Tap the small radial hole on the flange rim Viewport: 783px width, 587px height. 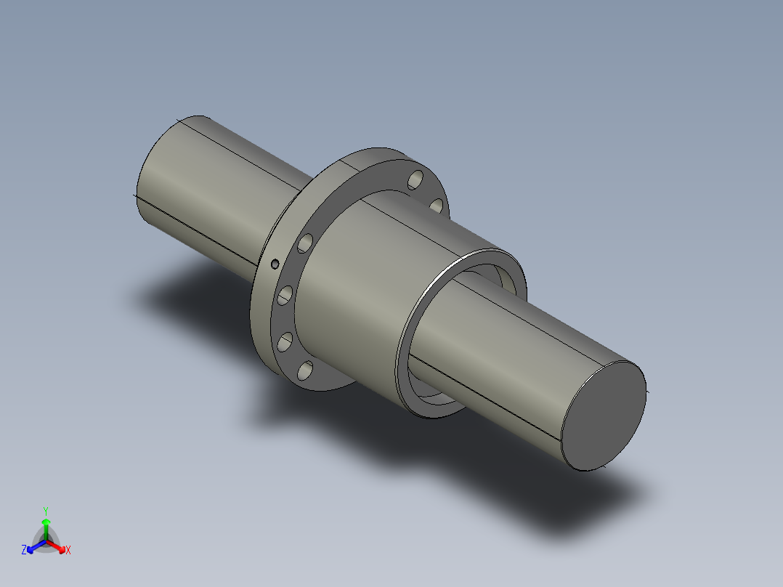[275, 263]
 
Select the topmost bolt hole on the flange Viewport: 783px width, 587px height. [416, 177]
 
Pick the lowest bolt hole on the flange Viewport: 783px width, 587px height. [305, 371]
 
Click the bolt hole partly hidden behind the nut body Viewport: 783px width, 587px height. [437, 206]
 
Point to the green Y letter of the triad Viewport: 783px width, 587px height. [45, 511]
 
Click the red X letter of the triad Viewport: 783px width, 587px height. [68, 551]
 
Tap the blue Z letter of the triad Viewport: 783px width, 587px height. [24, 551]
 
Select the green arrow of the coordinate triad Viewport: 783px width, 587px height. [46, 527]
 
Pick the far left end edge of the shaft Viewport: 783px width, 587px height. [139, 182]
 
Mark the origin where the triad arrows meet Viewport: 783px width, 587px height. [46, 541]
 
